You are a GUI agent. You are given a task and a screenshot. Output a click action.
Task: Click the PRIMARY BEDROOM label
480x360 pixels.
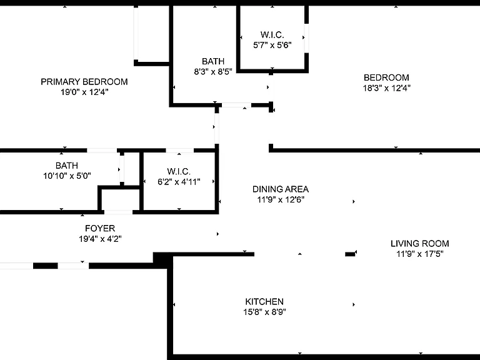pyautogui.click(x=84, y=82)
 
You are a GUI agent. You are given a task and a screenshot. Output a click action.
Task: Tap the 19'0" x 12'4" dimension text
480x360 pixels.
pyautogui.click(x=84, y=92)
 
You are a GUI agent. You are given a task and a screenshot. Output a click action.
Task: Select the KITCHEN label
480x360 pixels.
pyautogui.click(x=264, y=301)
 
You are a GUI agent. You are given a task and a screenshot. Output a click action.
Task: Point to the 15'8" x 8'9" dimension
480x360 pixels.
pyautogui.click(x=265, y=312)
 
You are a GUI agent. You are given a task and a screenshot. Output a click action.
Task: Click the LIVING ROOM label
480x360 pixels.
pyautogui.click(x=420, y=244)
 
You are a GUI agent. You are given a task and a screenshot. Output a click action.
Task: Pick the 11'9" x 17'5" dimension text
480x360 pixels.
pyautogui.click(x=420, y=254)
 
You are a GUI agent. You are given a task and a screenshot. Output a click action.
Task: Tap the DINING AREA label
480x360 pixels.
pyautogui.click(x=281, y=189)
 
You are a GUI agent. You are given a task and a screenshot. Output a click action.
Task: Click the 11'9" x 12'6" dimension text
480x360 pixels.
pyautogui.click(x=281, y=199)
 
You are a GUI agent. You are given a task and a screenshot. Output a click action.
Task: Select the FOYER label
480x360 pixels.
pyautogui.click(x=100, y=228)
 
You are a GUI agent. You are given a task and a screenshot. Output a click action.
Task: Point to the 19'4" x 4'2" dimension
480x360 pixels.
pyautogui.click(x=101, y=239)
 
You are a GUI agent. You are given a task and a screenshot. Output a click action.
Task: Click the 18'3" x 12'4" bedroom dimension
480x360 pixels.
pyautogui.click(x=387, y=88)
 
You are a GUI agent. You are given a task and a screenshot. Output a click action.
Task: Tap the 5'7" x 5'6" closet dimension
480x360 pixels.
pyautogui.click(x=272, y=45)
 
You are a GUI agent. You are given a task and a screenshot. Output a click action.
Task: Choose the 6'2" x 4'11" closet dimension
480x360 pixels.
pyautogui.click(x=179, y=182)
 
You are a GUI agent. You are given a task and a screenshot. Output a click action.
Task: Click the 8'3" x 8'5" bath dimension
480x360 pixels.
pyautogui.click(x=213, y=72)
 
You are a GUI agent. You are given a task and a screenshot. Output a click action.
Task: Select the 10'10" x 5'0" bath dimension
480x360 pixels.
pyautogui.click(x=67, y=176)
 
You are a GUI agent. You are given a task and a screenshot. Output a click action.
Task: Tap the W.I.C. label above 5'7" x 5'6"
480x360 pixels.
pyautogui.click(x=272, y=34)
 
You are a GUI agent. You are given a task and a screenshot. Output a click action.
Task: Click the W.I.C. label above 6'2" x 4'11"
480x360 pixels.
pyautogui.click(x=179, y=171)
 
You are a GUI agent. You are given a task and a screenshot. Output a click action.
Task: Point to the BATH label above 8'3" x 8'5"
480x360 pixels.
pyautogui.click(x=213, y=61)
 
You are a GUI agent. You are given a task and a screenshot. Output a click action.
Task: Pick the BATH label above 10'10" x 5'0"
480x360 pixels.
pyautogui.click(x=67, y=166)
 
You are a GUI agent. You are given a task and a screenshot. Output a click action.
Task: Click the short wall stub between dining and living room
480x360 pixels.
pyautogui.click(x=350, y=254)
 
